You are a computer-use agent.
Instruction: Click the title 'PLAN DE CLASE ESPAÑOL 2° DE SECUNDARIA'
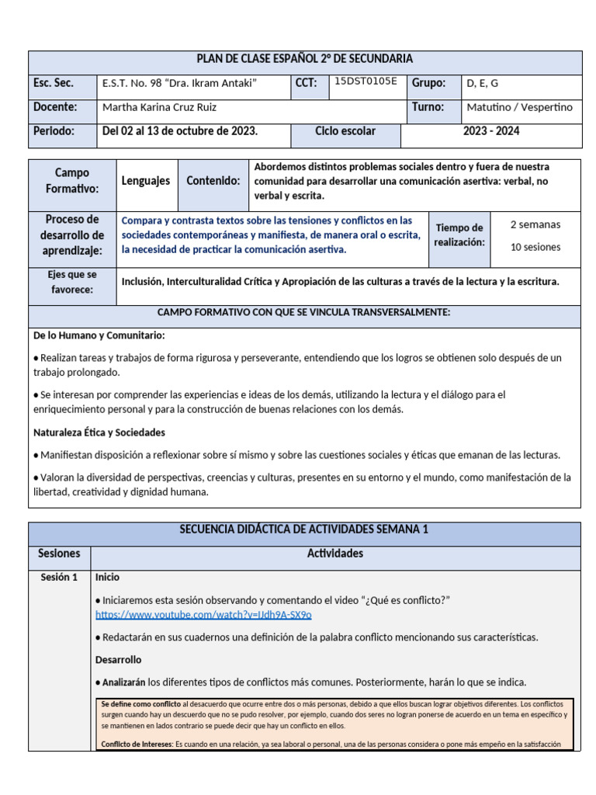point(304,59)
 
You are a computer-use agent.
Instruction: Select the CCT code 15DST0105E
point(366,81)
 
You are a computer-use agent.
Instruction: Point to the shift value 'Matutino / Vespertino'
point(519,107)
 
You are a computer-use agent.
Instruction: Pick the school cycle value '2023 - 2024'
point(491,131)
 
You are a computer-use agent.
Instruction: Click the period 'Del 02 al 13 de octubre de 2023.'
point(180,131)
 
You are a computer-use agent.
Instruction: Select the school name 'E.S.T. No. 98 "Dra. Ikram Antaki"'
point(179,84)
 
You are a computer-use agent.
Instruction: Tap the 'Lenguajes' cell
point(146,181)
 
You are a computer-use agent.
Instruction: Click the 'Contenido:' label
point(213,181)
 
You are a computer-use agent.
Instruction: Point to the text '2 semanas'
point(535,224)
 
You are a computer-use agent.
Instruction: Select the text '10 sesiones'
point(535,247)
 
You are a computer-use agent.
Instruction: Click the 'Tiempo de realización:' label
point(459,234)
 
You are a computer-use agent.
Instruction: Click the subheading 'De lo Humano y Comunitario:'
point(99,335)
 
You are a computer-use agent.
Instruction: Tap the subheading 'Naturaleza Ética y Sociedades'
point(99,432)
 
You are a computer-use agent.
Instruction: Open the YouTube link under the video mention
point(203,614)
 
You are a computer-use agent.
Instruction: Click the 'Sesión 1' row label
point(59,577)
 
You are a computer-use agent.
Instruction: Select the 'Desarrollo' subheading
point(118,659)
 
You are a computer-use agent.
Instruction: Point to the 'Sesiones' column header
point(59,554)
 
